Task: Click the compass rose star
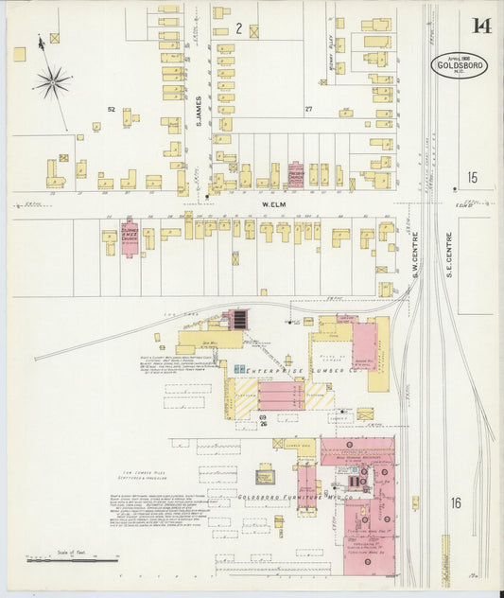(x=53, y=81)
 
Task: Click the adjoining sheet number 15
(x=472, y=177)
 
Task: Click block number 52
(x=111, y=110)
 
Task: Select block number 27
(x=308, y=110)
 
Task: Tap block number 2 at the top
(x=239, y=29)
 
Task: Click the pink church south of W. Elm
(x=130, y=237)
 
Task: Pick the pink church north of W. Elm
(x=296, y=175)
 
